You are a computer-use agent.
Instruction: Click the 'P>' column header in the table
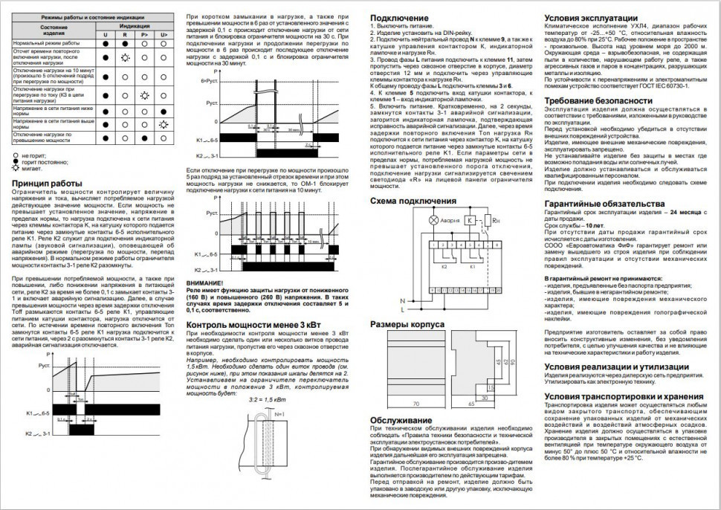coord(143,34)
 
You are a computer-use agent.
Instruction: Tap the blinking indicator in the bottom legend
coord(16,170)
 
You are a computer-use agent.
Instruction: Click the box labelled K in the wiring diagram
coord(471,221)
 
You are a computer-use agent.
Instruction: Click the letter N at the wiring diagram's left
coord(402,300)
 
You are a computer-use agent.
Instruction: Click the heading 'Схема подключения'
coord(413,201)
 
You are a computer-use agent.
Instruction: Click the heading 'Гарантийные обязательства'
coord(601,204)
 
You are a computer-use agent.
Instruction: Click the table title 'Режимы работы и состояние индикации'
coord(93,16)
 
